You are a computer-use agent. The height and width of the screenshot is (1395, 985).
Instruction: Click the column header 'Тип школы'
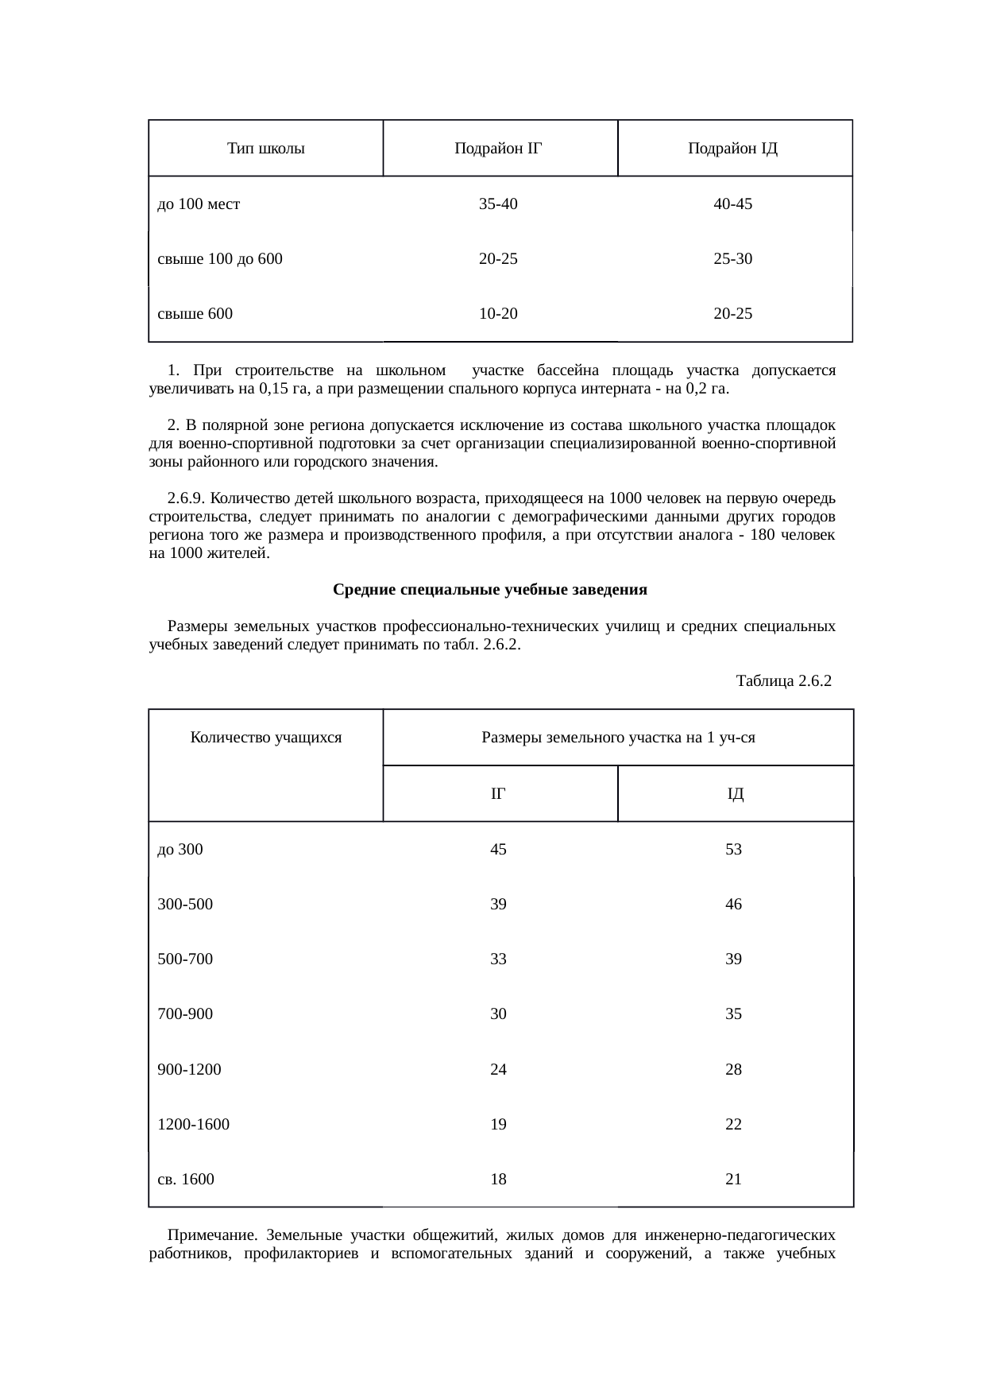(x=265, y=149)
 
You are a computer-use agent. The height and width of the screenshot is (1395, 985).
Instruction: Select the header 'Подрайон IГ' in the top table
(x=498, y=149)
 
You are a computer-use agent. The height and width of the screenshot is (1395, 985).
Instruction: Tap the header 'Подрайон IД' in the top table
(x=732, y=149)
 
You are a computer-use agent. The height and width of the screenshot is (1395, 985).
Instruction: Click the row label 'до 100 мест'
(x=199, y=204)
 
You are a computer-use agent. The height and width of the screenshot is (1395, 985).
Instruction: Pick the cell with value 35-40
(x=498, y=204)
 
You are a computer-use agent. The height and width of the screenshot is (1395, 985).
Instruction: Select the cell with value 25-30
(x=732, y=259)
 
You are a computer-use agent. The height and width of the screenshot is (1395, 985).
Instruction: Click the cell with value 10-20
(x=498, y=314)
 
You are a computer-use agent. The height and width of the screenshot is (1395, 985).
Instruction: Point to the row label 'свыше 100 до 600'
(x=220, y=259)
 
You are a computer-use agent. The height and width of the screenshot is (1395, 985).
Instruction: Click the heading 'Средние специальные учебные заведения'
(x=489, y=590)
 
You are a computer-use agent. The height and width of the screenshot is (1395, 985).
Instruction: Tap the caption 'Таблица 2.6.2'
(x=783, y=681)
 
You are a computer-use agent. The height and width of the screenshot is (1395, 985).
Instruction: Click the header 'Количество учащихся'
(x=265, y=738)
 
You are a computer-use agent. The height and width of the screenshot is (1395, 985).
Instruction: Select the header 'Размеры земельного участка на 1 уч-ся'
(x=618, y=738)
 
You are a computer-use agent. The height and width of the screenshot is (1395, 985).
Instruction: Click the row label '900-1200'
(x=190, y=1070)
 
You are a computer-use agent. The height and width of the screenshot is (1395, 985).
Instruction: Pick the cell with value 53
(x=733, y=850)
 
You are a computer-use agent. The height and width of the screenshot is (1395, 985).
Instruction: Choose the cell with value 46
(x=733, y=905)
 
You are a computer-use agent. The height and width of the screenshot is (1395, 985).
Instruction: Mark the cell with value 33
(x=498, y=959)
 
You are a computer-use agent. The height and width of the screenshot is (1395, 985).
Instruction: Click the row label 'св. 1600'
(x=186, y=1180)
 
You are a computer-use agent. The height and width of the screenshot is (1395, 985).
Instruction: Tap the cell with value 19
(x=498, y=1125)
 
